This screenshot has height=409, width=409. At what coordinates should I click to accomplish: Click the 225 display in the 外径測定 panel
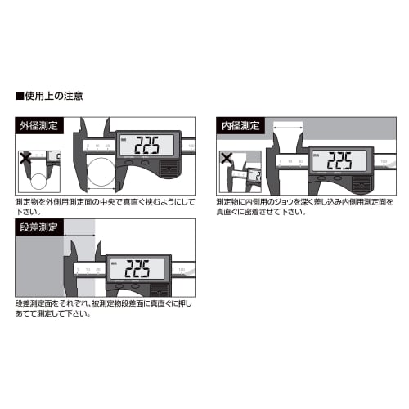click(x=149, y=146)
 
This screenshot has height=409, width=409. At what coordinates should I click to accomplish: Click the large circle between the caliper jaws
click(x=102, y=173)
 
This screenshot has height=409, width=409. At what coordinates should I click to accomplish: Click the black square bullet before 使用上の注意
click(x=19, y=96)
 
